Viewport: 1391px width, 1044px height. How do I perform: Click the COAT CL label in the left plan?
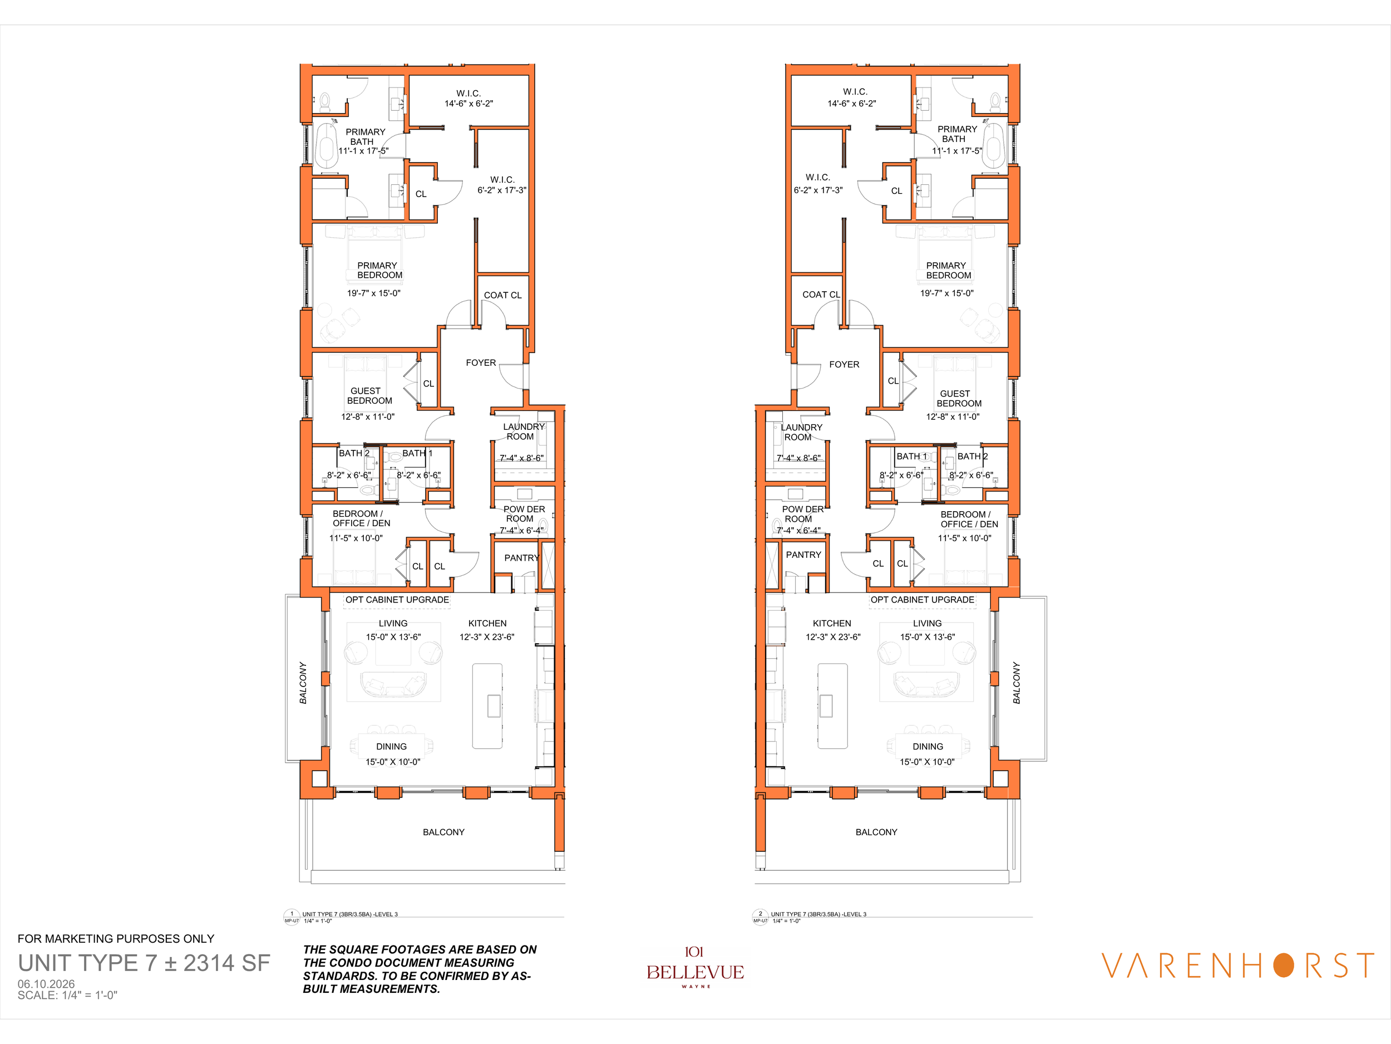coord(502,295)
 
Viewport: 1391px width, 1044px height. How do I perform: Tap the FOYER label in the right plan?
coord(844,364)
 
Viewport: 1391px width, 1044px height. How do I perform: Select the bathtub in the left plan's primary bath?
coord(327,145)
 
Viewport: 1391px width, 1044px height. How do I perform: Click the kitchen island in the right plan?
coord(832,706)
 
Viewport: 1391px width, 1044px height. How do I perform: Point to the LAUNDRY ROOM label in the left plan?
coord(523,432)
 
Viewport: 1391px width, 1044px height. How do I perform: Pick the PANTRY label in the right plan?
coord(803,555)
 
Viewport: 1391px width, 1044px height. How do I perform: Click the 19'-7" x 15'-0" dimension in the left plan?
coord(373,293)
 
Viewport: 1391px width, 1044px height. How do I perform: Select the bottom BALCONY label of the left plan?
coord(443,832)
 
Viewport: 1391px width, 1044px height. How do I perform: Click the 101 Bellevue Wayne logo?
coord(695,967)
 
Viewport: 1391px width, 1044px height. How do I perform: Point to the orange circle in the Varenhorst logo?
coord(1284,965)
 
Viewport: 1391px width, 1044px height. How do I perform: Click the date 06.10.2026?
coord(46,984)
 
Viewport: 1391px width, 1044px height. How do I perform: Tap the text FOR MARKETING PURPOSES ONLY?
coord(116,938)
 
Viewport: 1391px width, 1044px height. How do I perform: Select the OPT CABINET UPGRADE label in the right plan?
coord(922,600)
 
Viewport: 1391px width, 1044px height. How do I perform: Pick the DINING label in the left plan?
coord(391,746)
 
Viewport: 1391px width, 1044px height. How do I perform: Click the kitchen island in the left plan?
coord(487,706)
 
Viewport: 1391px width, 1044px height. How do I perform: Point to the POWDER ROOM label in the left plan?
coord(524,513)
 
